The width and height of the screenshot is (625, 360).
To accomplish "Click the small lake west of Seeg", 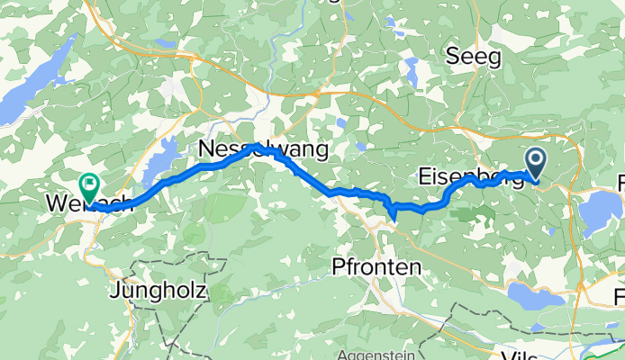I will (x=413, y=67).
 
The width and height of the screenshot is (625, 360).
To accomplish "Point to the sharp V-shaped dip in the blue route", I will (x=393, y=212).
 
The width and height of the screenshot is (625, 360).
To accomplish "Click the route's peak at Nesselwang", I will (x=257, y=145).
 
